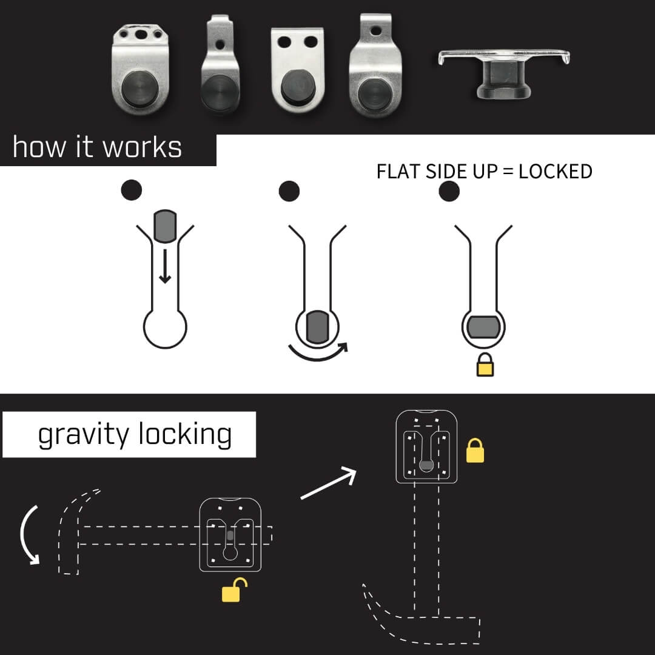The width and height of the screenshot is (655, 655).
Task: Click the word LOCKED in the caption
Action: [x=556, y=172]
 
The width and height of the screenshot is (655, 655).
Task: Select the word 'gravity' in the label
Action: [x=82, y=435]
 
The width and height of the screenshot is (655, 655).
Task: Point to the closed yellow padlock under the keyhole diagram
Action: [x=485, y=366]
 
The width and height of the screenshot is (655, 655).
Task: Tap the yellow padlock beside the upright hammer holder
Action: [x=475, y=452]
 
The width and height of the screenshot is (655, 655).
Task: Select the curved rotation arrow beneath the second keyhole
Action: [x=319, y=352]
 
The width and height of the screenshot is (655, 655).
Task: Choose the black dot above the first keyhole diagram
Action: [x=132, y=190]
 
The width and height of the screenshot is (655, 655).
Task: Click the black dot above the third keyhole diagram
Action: [x=449, y=190]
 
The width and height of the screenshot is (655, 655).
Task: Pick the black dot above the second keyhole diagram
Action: [x=289, y=190]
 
